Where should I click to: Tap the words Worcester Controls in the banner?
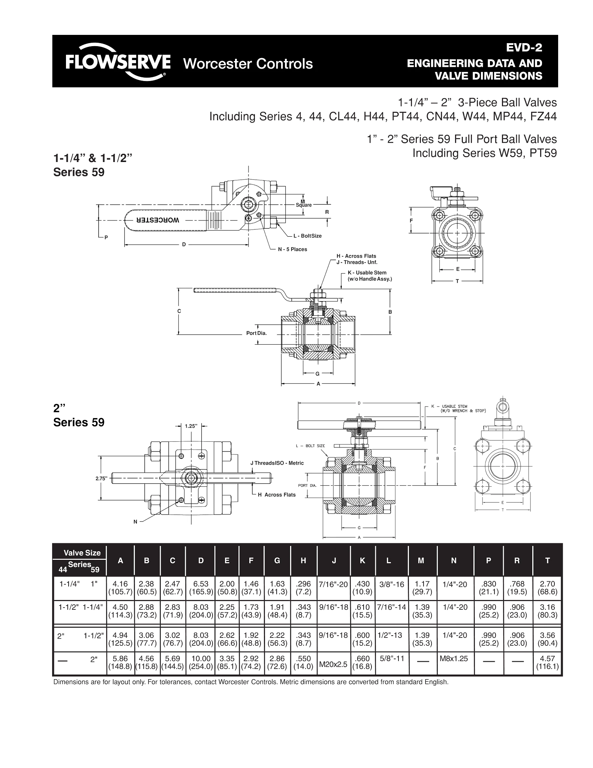248,64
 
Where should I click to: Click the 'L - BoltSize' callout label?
307,236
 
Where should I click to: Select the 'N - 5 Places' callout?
292,249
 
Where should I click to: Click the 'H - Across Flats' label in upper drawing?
356,256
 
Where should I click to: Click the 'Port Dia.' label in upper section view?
256,333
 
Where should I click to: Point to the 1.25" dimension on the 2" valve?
191,426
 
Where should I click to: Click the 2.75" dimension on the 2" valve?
102,478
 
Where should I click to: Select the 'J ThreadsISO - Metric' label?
277,463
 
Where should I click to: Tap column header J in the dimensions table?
334,561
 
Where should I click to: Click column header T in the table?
547,561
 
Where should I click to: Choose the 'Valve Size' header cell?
82,553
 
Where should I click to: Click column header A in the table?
120,561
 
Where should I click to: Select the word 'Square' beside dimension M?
304,205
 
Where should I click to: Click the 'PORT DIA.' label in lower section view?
307,486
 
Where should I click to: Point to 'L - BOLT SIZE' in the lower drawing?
310,446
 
